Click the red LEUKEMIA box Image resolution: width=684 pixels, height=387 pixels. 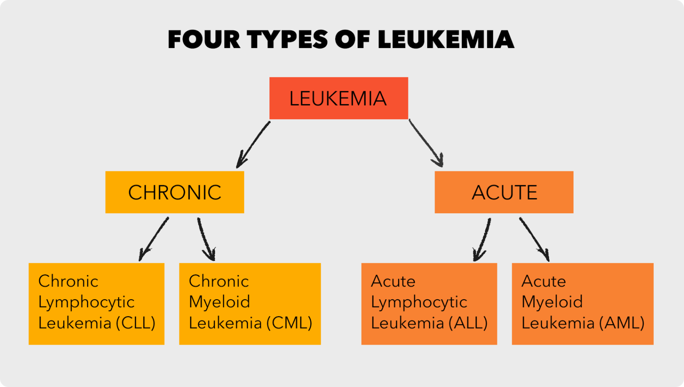(338, 98)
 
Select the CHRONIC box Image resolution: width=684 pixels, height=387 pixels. (175, 192)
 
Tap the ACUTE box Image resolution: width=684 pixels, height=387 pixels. (504, 192)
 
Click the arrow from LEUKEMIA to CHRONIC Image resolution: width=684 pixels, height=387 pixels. (252, 145)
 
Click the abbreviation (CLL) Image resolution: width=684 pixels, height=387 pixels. (135, 323)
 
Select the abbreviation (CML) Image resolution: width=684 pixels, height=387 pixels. (289, 323)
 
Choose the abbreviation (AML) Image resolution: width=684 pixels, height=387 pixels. (622, 323)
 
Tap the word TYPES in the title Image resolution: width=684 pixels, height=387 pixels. (288, 40)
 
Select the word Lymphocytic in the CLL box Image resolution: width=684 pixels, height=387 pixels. (86, 302)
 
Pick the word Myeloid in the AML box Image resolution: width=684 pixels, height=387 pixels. (552, 302)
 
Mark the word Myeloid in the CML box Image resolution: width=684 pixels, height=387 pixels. (219, 302)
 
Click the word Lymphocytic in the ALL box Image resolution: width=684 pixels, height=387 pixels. (419, 302)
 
